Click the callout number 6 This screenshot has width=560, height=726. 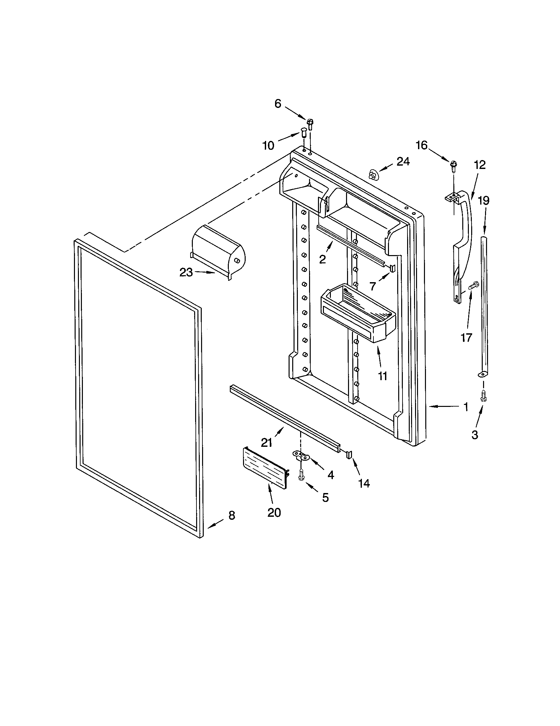pyautogui.click(x=278, y=104)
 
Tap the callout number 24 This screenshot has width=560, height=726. pyautogui.click(x=403, y=162)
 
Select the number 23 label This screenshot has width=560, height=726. pyautogui.click(x=186, y=273)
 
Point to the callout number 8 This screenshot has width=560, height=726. pyautogui.click(x=232, y=515)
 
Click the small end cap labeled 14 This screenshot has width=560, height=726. pyautogui.click(x=349, y=454)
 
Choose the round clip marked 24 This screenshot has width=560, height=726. pyautogui.click(x=373, y=175)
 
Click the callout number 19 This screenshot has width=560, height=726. pyautogui.click(x=483, y=200)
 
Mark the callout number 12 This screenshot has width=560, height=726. pyautogui.click(x=480, y=165)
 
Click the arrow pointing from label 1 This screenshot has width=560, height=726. pyautogui.click(x=442, y=406)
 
